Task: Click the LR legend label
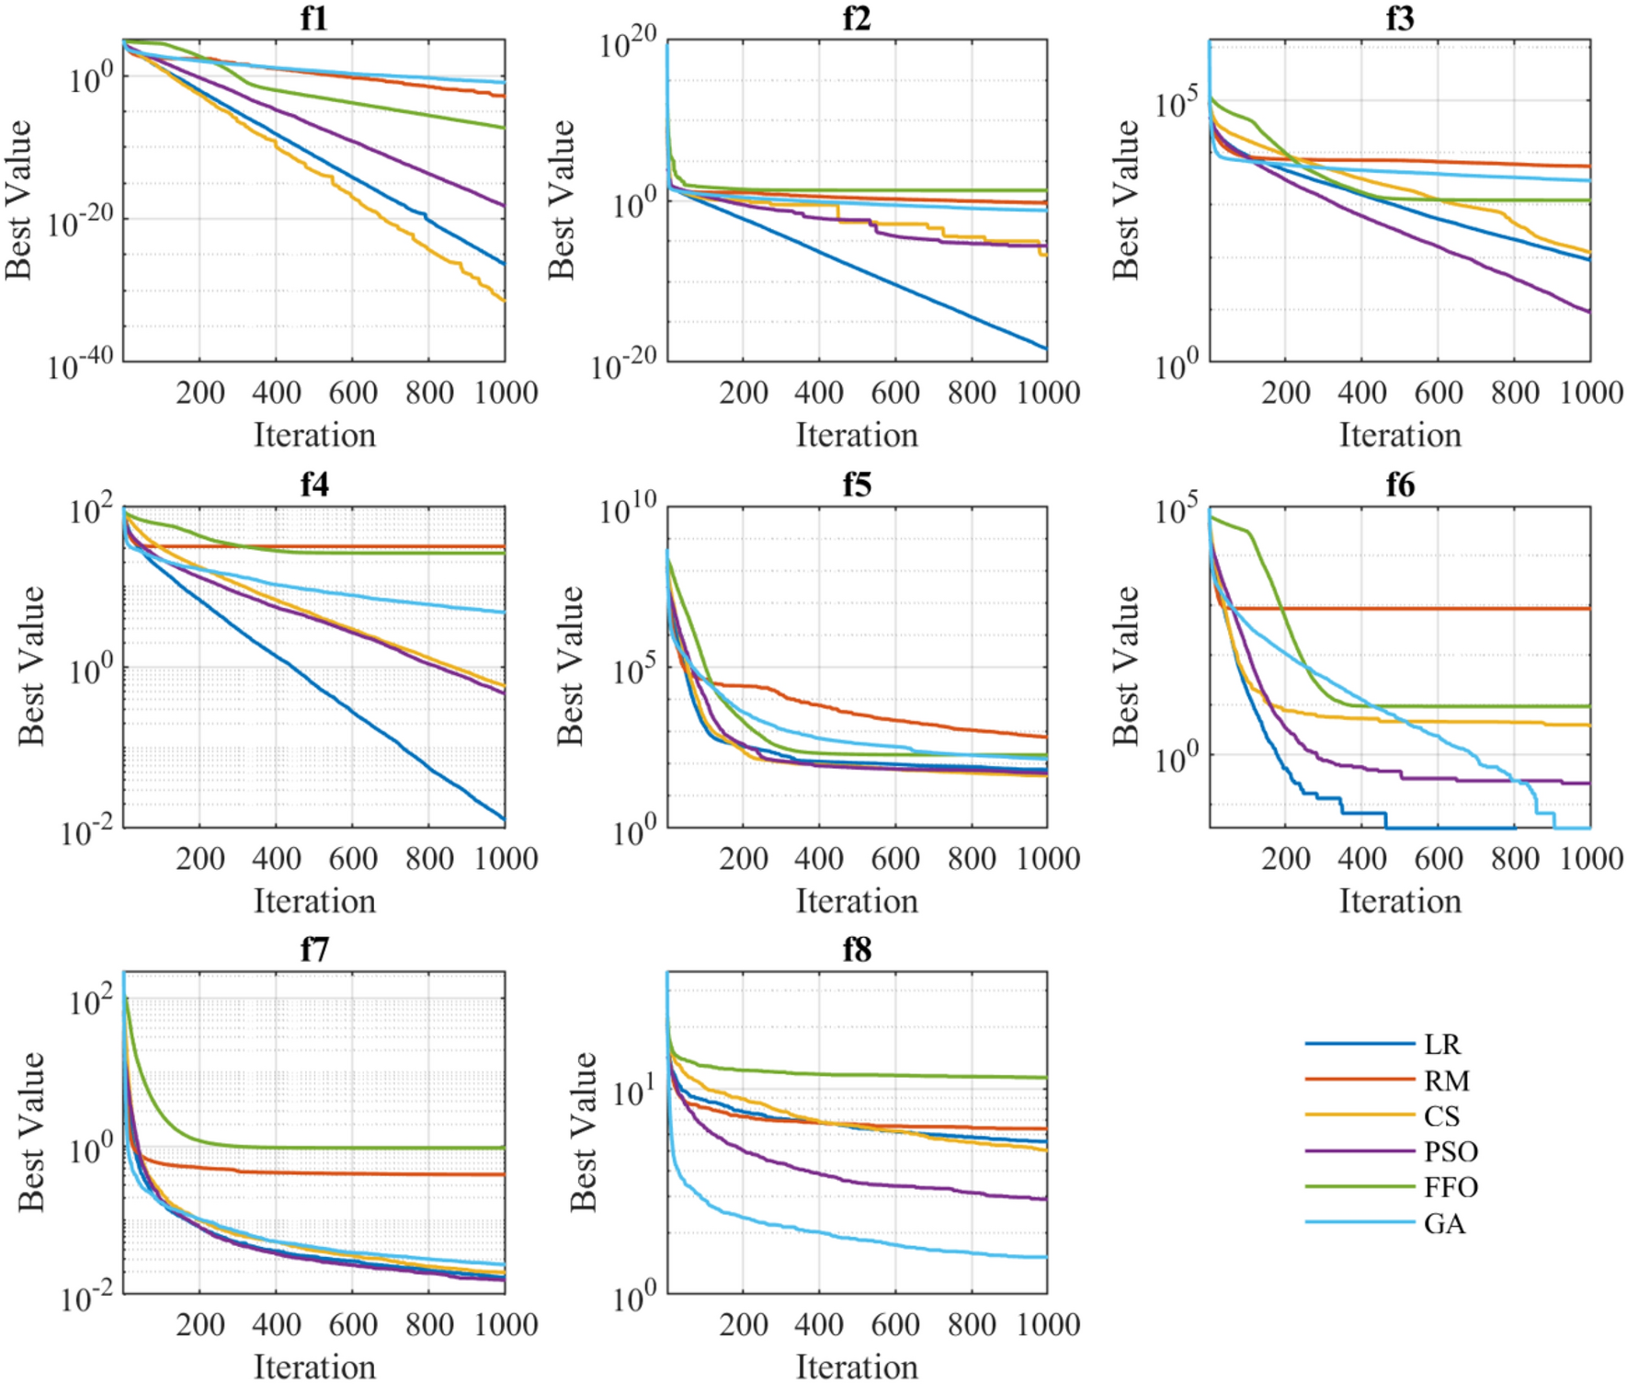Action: [x=1441, y=1045]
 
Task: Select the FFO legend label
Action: [x=1451, y=1187]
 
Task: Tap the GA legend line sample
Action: [x=1359, y=1223]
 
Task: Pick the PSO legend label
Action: [x=1451, y=1151]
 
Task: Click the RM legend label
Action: [x=1446, y=1081]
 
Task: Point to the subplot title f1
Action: [x=314, y=18]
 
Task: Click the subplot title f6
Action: [x=1400, y=485]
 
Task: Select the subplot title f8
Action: [x=857, y=950]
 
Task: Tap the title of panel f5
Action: [x=857, y=485]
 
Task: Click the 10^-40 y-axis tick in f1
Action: [x=81, y=365]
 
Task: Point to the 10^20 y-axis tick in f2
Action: [x=628, y=41]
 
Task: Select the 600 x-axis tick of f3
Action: [x=1439, y=393]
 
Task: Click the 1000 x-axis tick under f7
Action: [x=506, y=1324]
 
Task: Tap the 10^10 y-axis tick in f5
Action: [x=628, y=508]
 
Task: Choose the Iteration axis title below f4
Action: [x=314, y=901]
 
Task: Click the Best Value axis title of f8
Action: [x=583, y=1131]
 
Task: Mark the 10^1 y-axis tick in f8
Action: [x=633, y=1092]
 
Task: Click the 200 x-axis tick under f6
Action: [x=1286, y=859]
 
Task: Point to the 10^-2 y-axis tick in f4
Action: [x=88, y=831]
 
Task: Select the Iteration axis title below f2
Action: [x=857, y=435]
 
